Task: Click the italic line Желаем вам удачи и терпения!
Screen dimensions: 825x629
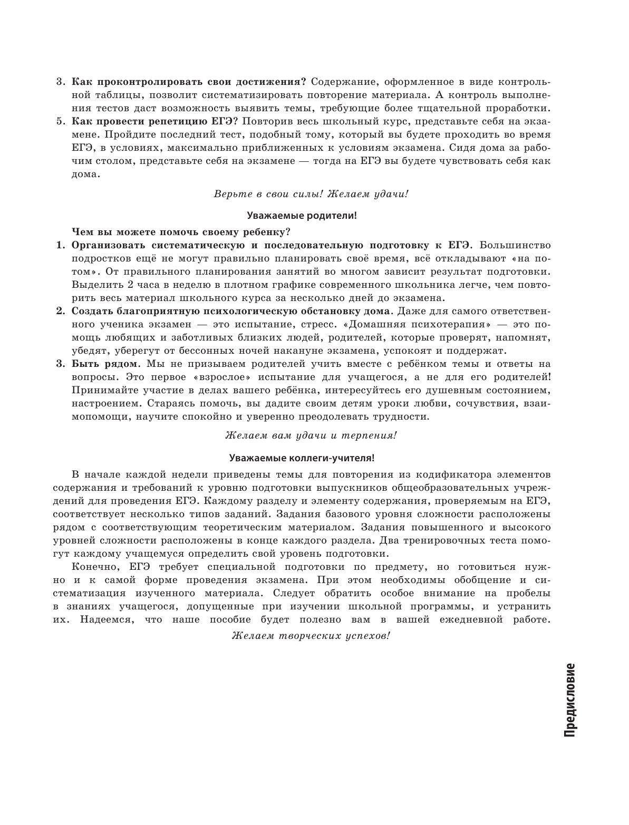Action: pyautogui.click(x=311, y=435)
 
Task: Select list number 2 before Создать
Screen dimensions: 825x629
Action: pyautogui.click(x=60, y=310)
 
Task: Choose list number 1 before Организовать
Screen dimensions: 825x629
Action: pyautogui.click(x=60, y=245)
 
